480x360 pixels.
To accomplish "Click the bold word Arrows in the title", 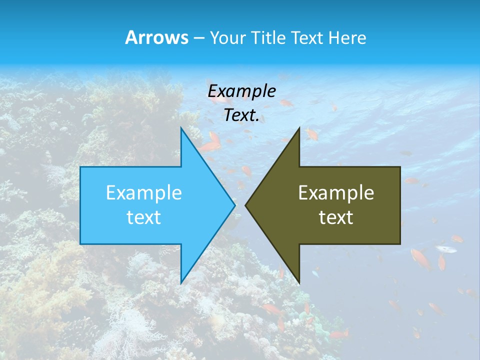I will tap(156, 37).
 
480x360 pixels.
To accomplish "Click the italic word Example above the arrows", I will tap(241, 91).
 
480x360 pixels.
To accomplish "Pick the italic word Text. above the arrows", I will tap(241, 115).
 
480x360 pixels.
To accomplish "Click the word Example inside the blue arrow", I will tap(144, 192).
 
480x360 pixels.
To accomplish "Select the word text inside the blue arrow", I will tap(144, 217).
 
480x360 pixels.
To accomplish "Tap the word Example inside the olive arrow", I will tap(336, 192).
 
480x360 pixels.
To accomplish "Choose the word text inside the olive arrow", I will tap(336, 217).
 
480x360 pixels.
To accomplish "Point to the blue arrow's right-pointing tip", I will tap(234, 205).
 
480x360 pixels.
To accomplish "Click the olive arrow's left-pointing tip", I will tap(246, 205).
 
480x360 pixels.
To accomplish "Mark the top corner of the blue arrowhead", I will tap(181, 128).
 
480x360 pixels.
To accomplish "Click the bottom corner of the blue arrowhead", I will tap(181, 282).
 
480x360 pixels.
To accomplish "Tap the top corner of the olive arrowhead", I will tap(298, 128).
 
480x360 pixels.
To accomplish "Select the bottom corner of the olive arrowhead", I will tap(298, 282).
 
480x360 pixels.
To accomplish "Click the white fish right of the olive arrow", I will tap(446, 248).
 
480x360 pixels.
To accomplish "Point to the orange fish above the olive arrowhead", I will tap(311, 134).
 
